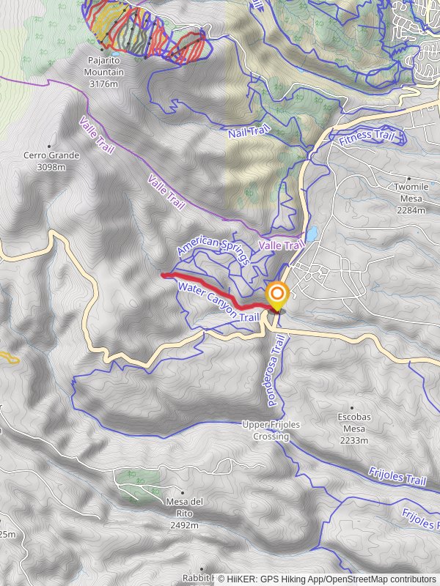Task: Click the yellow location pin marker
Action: [x=277, y=297]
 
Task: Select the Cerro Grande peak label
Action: [x=51, y=155]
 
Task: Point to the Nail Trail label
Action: [x=245, y=131]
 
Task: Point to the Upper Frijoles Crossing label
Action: [x=267, y=431]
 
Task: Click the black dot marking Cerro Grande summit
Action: [x=51, y=145]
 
